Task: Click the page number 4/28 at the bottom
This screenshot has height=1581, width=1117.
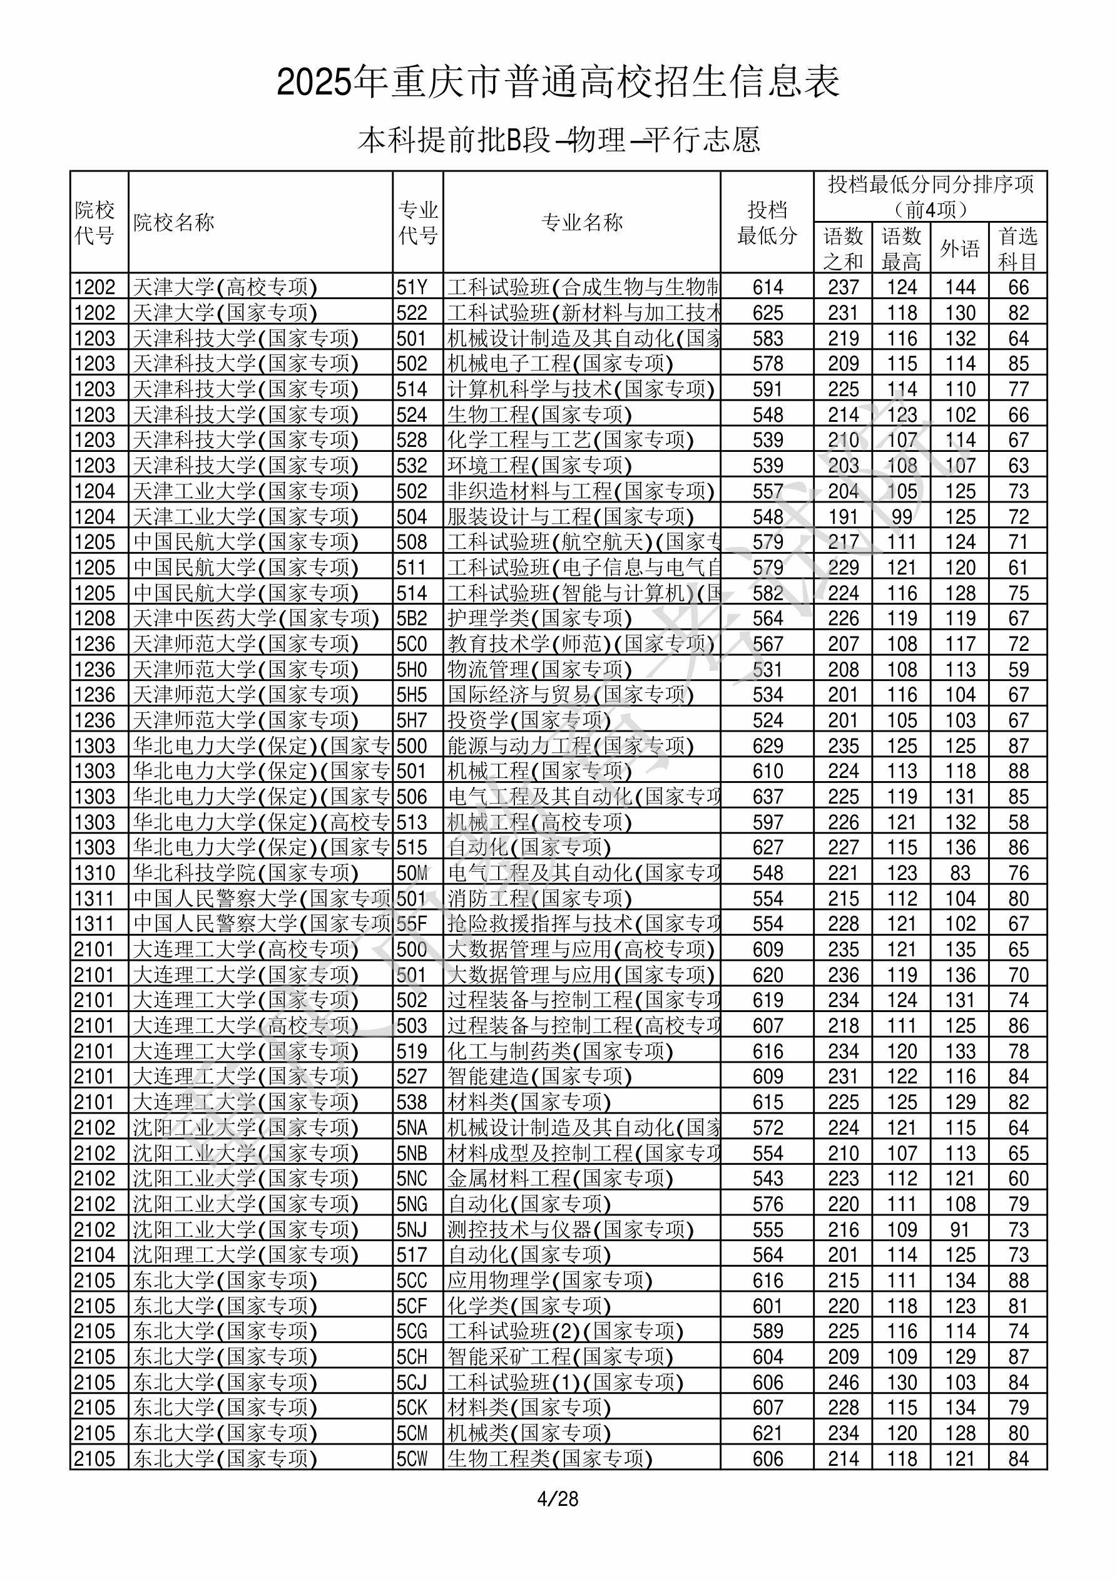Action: pos(558,1498)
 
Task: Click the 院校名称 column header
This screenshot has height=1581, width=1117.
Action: pos(173,222)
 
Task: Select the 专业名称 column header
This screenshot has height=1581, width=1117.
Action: pos(582,222)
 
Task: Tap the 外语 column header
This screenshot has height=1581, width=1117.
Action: pos(960,248)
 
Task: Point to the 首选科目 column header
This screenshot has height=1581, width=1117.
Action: pos(1018,248)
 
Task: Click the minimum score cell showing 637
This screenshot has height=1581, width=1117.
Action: pos(767,797)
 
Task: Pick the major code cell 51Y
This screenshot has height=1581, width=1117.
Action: pos(412,287)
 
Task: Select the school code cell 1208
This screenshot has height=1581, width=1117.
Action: pos(95,618)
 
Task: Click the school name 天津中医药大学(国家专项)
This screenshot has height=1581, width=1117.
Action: pos(255,618)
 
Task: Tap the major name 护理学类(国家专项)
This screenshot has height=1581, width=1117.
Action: pos(539,618)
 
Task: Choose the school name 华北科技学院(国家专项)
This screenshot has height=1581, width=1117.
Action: pos(245,873)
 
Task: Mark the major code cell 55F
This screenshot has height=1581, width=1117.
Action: pos(412,924)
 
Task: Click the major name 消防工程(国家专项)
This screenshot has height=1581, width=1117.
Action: pos(539,899)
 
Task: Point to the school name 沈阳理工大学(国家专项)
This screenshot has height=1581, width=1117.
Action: pos(245,1255)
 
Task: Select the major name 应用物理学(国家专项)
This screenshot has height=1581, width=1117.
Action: pos(549,1280)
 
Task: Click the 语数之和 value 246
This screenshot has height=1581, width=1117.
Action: pos(843,1382)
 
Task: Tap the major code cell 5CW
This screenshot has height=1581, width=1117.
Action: pos(412,1458)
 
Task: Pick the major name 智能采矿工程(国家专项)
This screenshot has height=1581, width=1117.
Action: pos(560,1356)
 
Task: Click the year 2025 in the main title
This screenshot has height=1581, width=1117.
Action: pos(314,83)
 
